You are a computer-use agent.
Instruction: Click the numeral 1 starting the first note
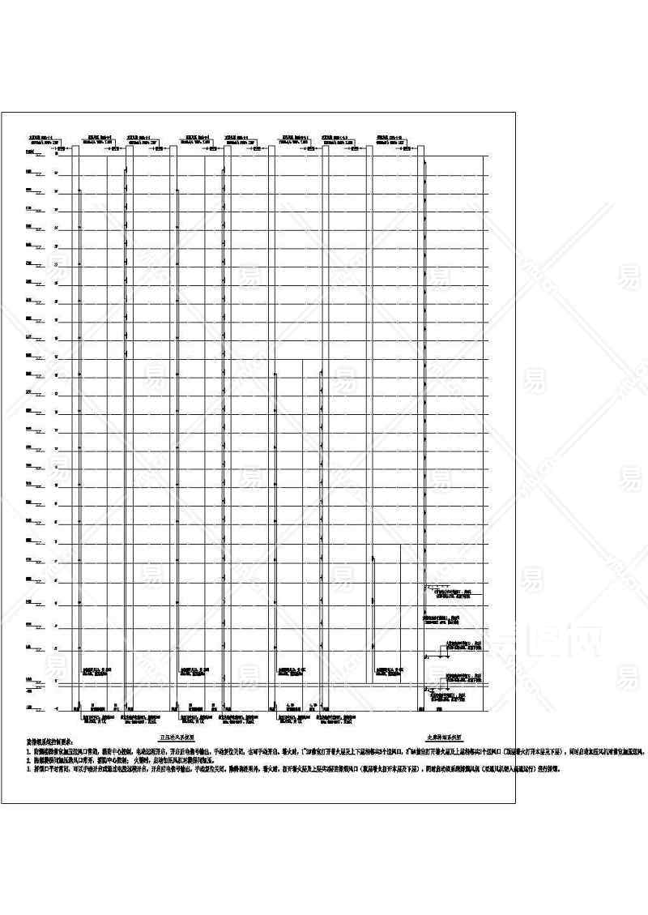click(28, 752)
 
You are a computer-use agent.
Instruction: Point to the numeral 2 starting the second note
click(28, 761)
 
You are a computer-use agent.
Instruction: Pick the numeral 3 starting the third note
click(28, 770)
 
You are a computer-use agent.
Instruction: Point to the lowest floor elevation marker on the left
click(36, 710)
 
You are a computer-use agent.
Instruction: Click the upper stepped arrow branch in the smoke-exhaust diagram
click(437, 587)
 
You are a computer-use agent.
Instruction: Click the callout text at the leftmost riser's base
click(97, 670)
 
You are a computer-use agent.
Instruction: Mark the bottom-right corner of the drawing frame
click(515, 803)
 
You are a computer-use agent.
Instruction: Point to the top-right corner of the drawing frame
click(515, 111)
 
